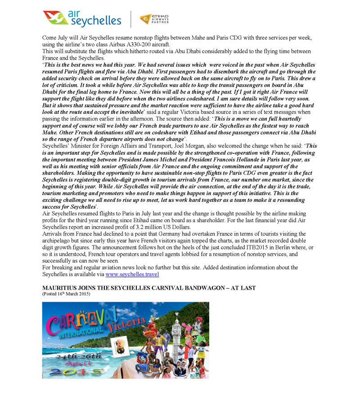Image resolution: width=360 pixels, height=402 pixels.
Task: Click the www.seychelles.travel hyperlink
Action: [132, 274]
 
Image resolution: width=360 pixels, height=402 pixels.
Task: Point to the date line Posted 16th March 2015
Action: [66, 294]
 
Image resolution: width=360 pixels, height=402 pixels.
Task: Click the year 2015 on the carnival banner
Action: [76, 371]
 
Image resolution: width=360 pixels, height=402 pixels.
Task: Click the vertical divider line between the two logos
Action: [131, 19]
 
